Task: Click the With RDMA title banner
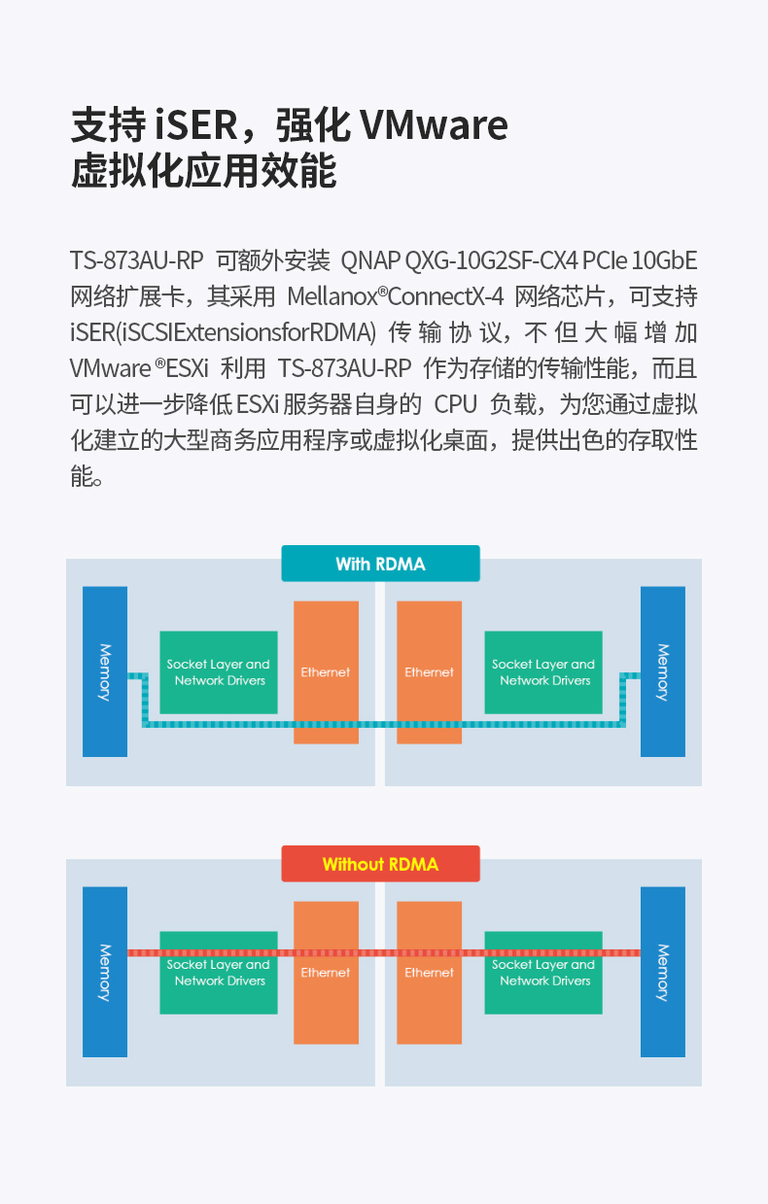pyautogui.click(x=380, y=564)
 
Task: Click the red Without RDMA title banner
pyautogui.click(x=380, y=864)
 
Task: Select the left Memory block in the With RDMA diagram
pyautogui.click(x=105, y=671)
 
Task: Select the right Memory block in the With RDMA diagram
pyautogui.click(x=662, y=671)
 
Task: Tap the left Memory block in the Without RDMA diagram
pyautogui.click(x=105, y=971)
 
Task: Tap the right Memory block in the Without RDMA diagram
pyautogui.click(x=662, y=971)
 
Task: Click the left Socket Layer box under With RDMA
pyautogui.click(x=219, y=672)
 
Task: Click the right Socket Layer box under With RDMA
pyautogui.click(x=543, y=672)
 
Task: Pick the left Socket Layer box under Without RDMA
pyautogui.click(x=219, y=973)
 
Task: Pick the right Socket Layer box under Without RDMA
pyautogui.click(x=543, y=973)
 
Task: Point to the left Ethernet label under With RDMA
pyautogui.click(x=326, y=672)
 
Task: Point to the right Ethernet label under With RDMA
pyautogui.click(x=430, y=672)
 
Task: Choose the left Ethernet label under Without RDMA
pyautogui.click(x=326, y=973)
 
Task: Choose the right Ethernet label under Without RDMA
pyautogui.click(x=430, y=973)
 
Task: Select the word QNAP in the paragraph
pyautogui.click(x=370, y=260)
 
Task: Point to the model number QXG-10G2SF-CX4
pyautogui.click(x=491, y=260)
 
